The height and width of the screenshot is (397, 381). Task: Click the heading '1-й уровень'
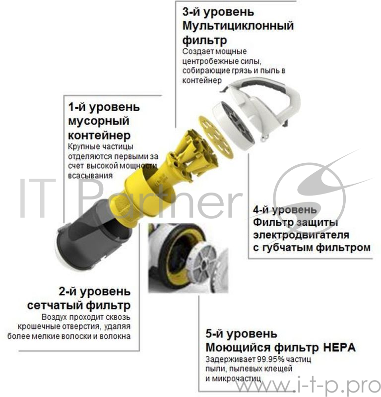pos(104,107)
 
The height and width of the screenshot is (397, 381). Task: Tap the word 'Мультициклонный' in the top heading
pos(238,25)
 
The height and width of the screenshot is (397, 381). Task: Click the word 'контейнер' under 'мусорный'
pos(99,135)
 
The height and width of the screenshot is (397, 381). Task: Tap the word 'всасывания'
pos(89,175)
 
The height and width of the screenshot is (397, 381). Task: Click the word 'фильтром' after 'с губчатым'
pos(345,247)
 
